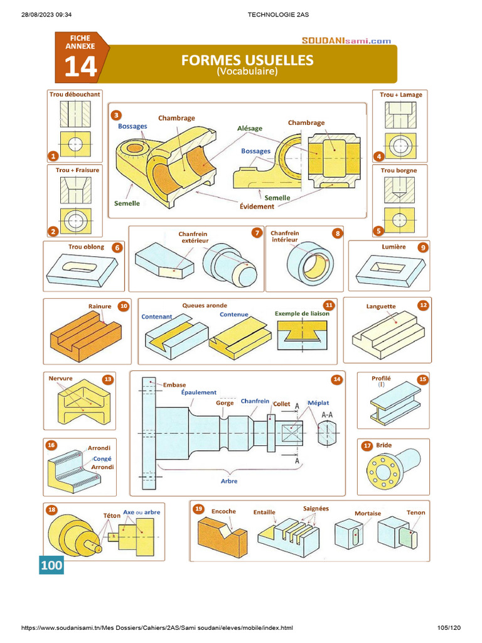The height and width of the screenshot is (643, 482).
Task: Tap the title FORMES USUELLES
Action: [247, 60]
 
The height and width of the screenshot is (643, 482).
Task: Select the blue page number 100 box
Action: [51, 565]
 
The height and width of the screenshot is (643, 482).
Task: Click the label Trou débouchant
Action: [74, 95]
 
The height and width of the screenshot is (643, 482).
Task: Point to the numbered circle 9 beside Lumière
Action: [424, 247]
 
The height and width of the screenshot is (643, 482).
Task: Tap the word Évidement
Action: [257, 206]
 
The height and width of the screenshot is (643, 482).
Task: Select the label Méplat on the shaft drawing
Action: [318, 403]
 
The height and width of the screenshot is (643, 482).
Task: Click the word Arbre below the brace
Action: [228, 481]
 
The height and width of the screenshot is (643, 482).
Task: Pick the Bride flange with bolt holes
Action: [388, 468]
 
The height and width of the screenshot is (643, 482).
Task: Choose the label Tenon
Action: [415, 512]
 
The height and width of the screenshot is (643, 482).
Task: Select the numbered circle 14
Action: [337, 379]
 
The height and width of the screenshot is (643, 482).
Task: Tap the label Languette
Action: [381, 306]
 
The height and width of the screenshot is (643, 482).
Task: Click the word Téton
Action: [111, 515]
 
